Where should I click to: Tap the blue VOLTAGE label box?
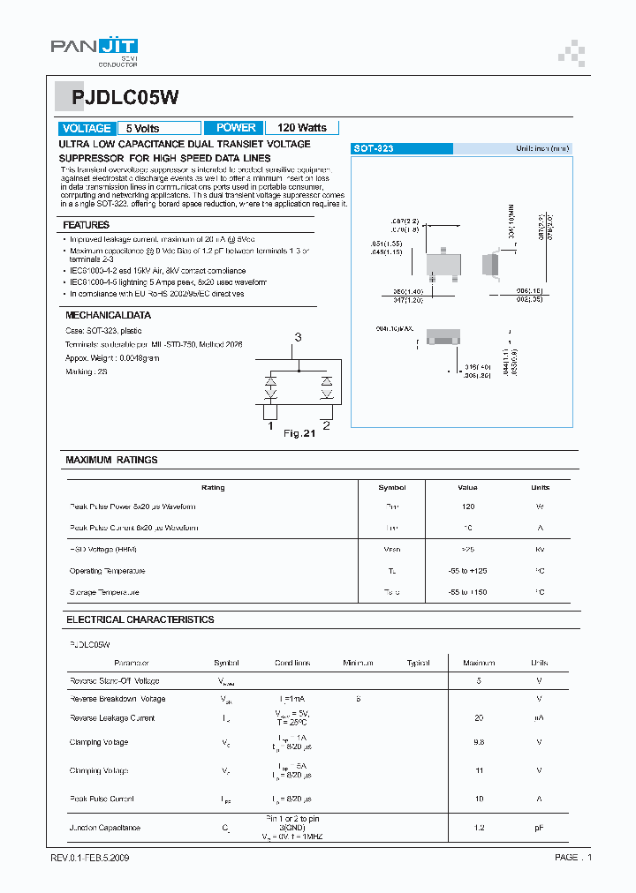tap(87, 128)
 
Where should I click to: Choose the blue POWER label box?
tap(235, 128)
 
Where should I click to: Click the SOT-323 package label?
tap(374, 149)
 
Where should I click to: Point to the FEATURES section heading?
tap(87, 226)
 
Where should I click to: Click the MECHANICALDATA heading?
tap(109, 315)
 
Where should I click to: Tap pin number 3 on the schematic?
tap(298, 337)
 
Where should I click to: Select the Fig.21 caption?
tap(299, 433)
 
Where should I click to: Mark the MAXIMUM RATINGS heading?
tap(111, 460)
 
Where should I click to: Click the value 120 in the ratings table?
tap(468, 507)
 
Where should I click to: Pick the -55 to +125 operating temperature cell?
tap(468, 571)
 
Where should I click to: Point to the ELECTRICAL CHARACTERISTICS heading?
tap(140, 619)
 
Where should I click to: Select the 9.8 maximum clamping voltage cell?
tap(479, 742)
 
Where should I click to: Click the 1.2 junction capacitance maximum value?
tap(479, 828)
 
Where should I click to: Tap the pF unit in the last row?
tap(539, 828)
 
